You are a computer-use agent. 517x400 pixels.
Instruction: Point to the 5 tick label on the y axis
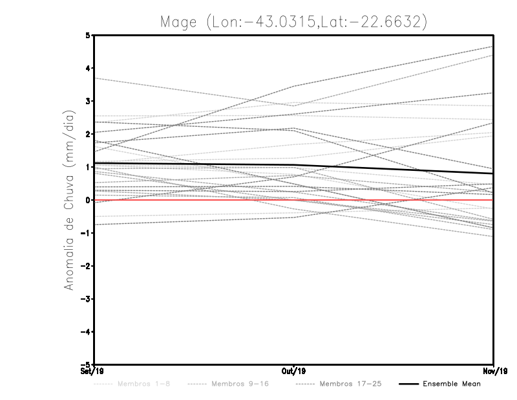point(88,36)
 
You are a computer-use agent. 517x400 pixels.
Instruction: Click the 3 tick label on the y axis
point(88,102)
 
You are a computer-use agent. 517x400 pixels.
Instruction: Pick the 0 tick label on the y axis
point(88,200)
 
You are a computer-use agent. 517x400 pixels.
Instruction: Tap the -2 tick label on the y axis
point(86,266)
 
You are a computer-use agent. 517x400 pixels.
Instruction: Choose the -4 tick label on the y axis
point(86,331)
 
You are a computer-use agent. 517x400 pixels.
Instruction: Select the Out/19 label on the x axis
point(293,372)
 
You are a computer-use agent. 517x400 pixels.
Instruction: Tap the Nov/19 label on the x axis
point(494,372)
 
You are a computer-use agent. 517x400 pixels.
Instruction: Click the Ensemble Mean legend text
point(452,384)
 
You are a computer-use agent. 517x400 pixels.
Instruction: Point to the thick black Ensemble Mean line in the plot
point(194,165)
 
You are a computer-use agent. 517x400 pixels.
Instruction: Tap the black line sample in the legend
point(408,384)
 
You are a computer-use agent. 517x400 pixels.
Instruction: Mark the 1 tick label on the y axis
point(88,167)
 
